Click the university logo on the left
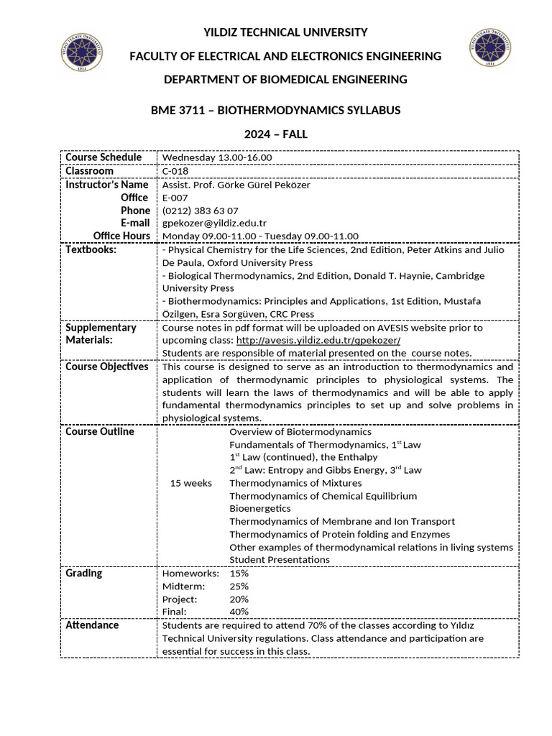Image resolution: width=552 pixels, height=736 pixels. (x=81, y=51)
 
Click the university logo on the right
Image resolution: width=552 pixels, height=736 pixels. (x=491, y=50)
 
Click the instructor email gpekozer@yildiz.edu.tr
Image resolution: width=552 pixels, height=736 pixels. (x=214, y=223)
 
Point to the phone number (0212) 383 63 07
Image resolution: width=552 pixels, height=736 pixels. (x=200, y=210)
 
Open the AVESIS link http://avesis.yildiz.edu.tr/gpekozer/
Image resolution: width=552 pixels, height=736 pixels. (x=318, y=339)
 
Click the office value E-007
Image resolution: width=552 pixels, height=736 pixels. (x=175, y=197)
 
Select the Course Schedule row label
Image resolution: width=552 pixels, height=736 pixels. (x=103, y=157)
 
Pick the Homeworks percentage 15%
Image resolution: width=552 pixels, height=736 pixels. (x=239, y=573)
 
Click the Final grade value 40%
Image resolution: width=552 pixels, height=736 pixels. (x=239, y=612)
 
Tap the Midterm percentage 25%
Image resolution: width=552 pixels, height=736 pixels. (x=239, y=586)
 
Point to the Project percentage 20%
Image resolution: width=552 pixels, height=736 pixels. (x=239, y=599)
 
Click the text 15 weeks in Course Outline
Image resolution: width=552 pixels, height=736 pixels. (x=190, y=482)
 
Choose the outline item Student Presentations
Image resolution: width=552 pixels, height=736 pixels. (x=280, y=559)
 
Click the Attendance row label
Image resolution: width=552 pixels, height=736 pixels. (x=92, y=625)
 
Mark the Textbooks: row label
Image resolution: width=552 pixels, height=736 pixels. (x=91, y=249)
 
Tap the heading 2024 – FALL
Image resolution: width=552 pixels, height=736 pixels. (x=275, y=134)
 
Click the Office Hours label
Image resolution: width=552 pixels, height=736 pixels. (x=121, y=236)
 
